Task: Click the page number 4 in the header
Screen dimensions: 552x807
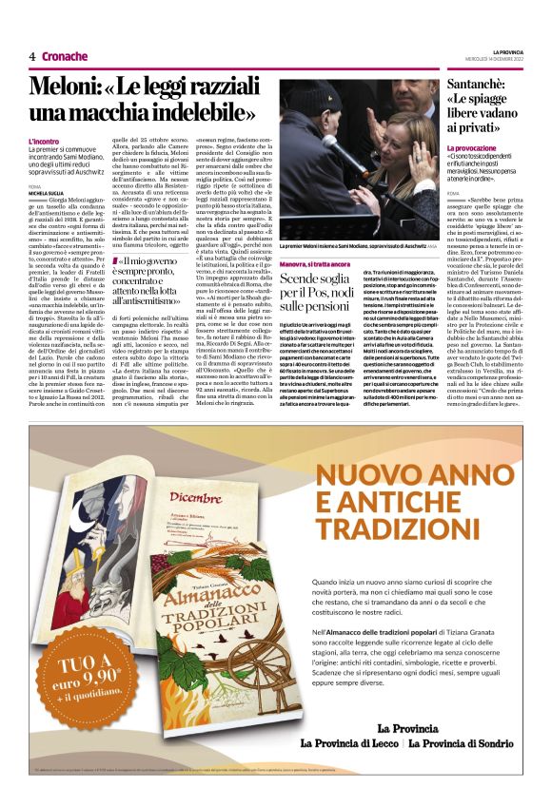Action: [32, 56]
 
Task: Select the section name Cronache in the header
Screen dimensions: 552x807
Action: [66, 56]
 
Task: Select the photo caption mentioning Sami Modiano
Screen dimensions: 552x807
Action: [353, 246]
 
